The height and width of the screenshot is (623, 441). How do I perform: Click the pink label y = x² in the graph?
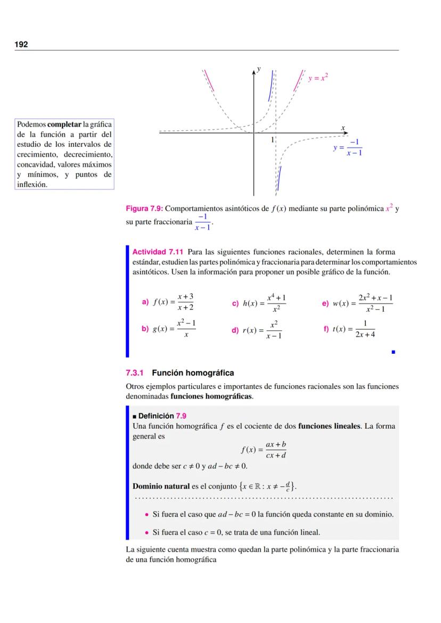tap(318, 78)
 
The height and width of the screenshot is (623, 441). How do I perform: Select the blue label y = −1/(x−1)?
tap(348, 147)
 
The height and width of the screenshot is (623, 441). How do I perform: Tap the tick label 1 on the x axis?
tap(272, 140)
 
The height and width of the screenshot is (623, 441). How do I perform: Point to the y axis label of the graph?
tap(258, 69)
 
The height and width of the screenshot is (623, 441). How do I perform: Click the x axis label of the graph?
tap(343, 127)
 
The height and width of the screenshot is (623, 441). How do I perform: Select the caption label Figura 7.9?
tap(144, 209)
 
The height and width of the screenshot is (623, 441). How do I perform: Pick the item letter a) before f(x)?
tap(145, 302)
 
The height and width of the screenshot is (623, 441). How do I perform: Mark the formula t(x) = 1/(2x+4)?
tap(354, 329)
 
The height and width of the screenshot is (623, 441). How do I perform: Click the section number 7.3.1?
tap(135, 373)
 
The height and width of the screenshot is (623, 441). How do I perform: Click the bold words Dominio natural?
tap(161, 486)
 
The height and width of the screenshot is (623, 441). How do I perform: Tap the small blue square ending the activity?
tap(393, 352)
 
